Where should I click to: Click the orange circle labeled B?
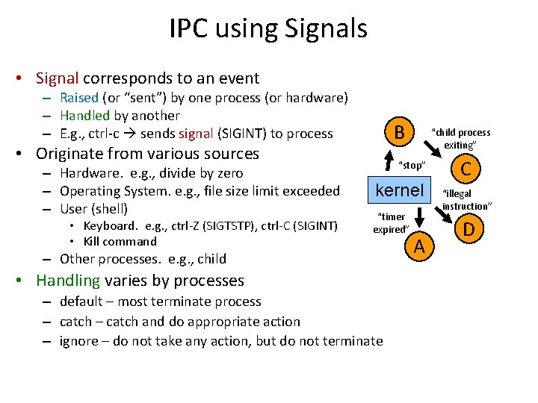click(x=400, y=134)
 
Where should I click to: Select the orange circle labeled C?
click(x=465, y=169)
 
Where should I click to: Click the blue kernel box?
click(x=399, y=190)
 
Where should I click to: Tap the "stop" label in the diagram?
click(x=411, y=165)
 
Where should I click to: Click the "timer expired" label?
click(x=390, y=223)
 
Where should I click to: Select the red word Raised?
click(x=78, y=98)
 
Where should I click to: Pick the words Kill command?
click(x=120, y=241)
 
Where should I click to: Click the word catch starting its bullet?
click(x=76, y=322)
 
